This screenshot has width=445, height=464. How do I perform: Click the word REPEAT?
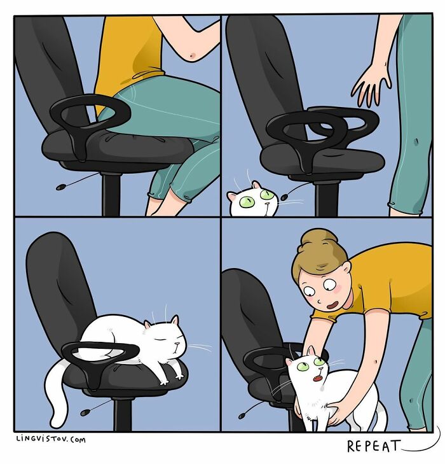pyautogui.click(x=374, y=446)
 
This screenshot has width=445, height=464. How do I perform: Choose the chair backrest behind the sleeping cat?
pyautogui.click(x=54, y=280)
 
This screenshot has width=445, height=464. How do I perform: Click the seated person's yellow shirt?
pyautogui.click(x=127, y=51)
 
